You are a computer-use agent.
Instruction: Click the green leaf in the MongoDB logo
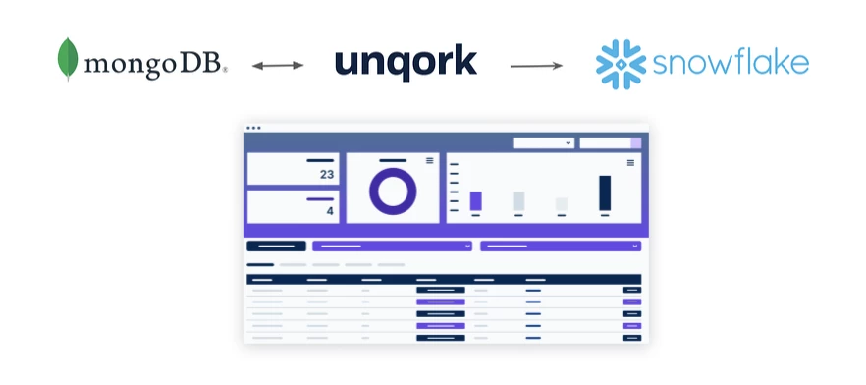[x=68, y=58]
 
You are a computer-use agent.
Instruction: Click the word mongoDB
[x=155, y=66]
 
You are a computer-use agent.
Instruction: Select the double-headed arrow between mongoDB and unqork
[x=278, y=66]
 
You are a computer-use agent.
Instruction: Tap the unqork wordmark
[x=406, y=64]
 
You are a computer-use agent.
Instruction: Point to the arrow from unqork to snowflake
[x=536, y=66]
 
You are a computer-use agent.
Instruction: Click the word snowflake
[x=731, y=64]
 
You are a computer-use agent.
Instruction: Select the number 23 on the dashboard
[x=327, y=174]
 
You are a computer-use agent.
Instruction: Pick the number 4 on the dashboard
[x=330, y=211]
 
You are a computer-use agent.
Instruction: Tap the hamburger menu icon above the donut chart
[x=429, y=160]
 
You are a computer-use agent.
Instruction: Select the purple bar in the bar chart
[x=476, y=201]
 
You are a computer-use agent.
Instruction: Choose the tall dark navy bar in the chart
[x=605, y=192]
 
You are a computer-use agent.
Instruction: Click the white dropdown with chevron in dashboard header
[x=543, y=143]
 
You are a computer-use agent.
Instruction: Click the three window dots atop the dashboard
[x=253, y=128]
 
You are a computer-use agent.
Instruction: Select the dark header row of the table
[x=444, y=279]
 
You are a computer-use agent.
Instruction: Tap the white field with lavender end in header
[x=610, y=143]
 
